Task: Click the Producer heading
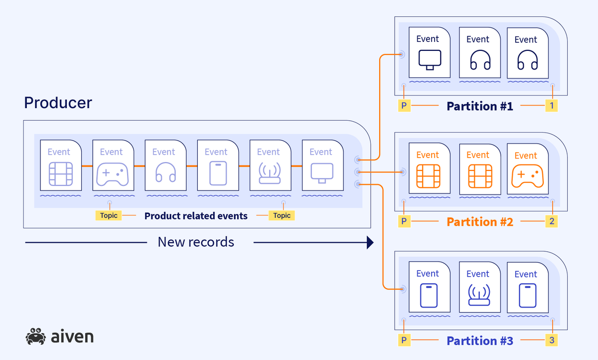pyautogui.click(x=58, y=103)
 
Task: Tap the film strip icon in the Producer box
pyautogui.click(x=60, y=174)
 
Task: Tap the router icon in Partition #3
pyautogui.click(x=478, y=295)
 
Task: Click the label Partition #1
pyautogui.click(x=479, y=106)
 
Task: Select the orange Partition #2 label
pyautogui.click(x=479, y=222)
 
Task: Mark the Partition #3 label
pyautogui.click(x=479, y=341)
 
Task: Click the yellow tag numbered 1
pyautogui.click(x=551, y=106)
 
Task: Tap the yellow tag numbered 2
pyautogui.click(x=551, y=221)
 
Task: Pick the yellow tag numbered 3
pyautogui.click(x=551, y=341)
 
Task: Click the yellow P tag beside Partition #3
pyautogui.click(x=404, y=341)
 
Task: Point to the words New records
pyautogui.click(x=196, y=242)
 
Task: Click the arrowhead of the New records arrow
pyautogui.click(x=370, y=243)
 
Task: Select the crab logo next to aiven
pyautogui.click(x=35, y=337)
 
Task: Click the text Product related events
pyautogui.click(x=196, y=216)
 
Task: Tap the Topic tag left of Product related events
pyautogui.click(x=109, y=215)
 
